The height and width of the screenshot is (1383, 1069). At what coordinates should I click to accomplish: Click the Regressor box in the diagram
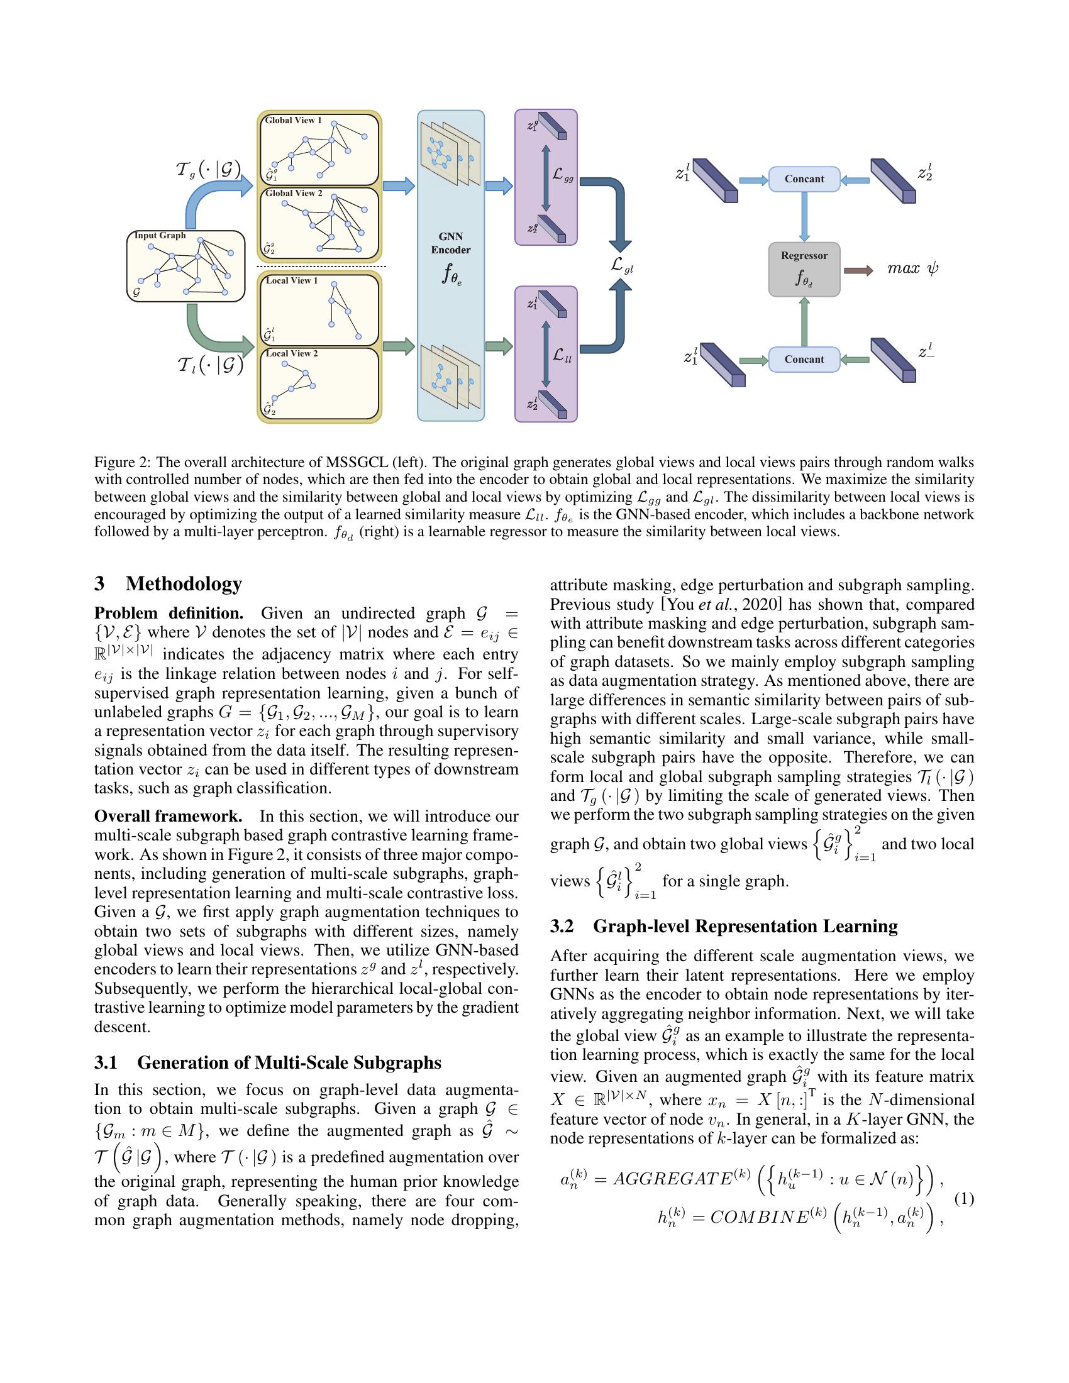pyautogui.click(x=804, y=269)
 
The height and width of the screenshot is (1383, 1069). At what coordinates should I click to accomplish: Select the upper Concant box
pyautogui.click(x=804, y=179)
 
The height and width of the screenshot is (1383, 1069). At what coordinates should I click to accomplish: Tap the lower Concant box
pyautogui.click(x=804, y=360)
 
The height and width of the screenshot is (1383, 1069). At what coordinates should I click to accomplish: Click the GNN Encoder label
pyautogui.click(x=451, y=243)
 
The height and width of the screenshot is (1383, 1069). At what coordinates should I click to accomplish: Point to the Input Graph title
pyautogui.click(x=160, y=236)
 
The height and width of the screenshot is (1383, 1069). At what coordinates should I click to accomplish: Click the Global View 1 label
pyautogui.click(x=293, y=120)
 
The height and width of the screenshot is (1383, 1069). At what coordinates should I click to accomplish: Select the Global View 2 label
pyautogui.click(x=294, y=193)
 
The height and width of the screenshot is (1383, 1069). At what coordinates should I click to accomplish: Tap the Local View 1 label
pyautogui.click(x=292, y=280)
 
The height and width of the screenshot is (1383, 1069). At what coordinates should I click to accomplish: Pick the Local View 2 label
pyautogui.click(x=292, y=353)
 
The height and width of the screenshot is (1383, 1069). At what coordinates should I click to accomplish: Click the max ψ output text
pyautogui.click(x=912, y=268)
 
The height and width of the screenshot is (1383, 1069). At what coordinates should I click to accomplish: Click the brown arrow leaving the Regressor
pyautogui.click(x=858, y=270)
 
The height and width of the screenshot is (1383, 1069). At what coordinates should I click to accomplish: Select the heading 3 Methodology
pyautogui.click(x=169, y=584)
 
